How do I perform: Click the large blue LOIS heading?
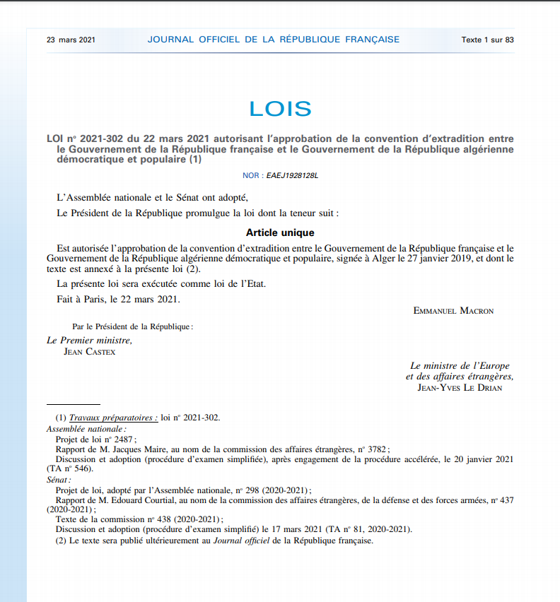click(x=280, y=108)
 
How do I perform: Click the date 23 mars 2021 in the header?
click(x=71, y=40)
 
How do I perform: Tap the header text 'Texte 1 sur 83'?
click(x=487, y=40)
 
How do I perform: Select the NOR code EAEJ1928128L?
click(x=292, y=175)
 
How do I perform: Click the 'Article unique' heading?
click(x=280, y=232)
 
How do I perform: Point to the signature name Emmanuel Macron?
click(x=453, y=311)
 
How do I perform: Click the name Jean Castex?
click(x=89, y=351)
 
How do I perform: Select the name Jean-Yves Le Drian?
click(x=460, y=387)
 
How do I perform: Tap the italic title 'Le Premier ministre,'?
click(x=89, y=341)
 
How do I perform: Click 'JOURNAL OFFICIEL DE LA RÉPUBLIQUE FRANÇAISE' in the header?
click(x=273, y=40)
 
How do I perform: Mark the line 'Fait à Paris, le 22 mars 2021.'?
click(x=118, y=299)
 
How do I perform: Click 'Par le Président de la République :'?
click(x=132, y=326)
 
